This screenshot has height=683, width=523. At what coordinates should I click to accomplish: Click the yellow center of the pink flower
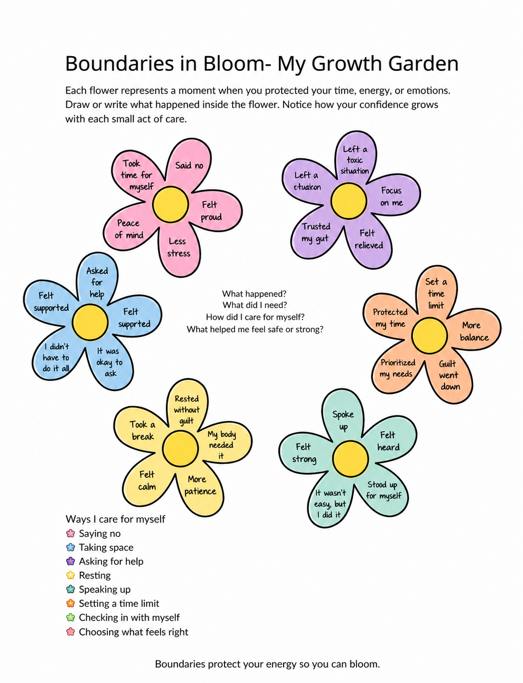pyautogui.click(x=170, y=204)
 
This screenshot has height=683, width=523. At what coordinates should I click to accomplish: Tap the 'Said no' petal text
pyautogui.click(x=189, y=165)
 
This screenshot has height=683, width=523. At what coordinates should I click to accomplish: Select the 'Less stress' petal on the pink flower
pyautogui.click(x=179, y=247)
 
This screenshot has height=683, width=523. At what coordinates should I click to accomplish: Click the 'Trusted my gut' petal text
pyautogui.click(x=316, y=232)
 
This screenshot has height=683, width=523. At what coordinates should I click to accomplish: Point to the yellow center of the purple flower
pyautogui.click(x=348, y=201)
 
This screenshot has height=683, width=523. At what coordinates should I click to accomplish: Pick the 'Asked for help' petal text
pyautogui.click(x=97, y=282)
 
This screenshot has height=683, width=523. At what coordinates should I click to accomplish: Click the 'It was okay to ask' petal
pyautogui.click(x=109, y=362)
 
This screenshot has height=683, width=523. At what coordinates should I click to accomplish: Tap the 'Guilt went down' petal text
pyautogui.click(x=449, y=375)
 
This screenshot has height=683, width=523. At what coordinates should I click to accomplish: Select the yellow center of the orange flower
pyautogui.click(x=429, y=335)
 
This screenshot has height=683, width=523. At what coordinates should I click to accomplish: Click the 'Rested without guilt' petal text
pyautogui.click(x=186, y=410)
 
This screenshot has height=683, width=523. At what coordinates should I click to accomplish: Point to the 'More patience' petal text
pyautogui.click(x=200, y=485)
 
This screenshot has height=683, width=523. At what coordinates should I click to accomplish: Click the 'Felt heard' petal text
pyautogui.click(x=388, y=441)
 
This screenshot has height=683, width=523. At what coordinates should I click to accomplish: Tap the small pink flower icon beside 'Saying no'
pyautogui.click(x=71, y=533)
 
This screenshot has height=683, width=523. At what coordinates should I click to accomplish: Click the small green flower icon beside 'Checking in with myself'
pyautogui.click(x=71, y=617)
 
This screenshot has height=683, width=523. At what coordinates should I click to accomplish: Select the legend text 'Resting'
pyautogui.click(x=95, y=575)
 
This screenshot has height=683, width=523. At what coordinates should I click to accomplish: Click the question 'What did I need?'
pyautogui.click(x=255, y=305)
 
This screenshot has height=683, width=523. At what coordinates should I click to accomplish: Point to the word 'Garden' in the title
pyautogui.click(x=424, y=63)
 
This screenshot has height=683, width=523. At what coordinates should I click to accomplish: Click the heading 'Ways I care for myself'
pyautogui.click(x=115, y=519)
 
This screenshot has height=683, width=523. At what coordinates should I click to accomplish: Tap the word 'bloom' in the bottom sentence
pyautogui.click(x=364, y=664)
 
